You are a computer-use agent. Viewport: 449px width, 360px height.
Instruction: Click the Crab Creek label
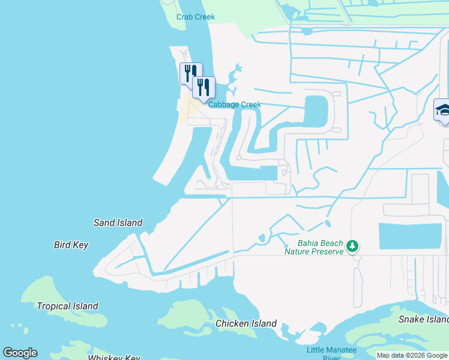tap(196, 17)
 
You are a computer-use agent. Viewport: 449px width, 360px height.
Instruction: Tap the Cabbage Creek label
tap(235, 104)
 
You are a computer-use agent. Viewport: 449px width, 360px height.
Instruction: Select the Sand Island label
tap(118, 223)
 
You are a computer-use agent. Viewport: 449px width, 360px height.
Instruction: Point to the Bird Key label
tap(71, 245)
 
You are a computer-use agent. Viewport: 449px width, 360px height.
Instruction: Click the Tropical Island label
tap(67, 306)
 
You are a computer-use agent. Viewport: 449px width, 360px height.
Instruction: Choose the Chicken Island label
tap(246, 324)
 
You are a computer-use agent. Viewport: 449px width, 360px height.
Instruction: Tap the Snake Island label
tap(423, 319)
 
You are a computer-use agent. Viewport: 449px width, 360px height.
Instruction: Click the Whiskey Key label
tap(114, 358)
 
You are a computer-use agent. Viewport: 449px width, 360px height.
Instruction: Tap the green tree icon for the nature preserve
tap(353, 246)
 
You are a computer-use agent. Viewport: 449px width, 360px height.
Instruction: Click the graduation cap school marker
tap(443, 110)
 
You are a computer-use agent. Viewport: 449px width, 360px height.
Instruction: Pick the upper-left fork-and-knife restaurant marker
tap(191, 73)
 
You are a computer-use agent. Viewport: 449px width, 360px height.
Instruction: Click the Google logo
tap(20, 353)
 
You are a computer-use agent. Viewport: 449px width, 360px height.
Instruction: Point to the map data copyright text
tap(412, 356)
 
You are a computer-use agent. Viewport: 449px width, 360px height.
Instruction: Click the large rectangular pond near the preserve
tap(410, 236)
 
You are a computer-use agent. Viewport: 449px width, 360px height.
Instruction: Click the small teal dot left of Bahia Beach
tap(286, 245)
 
